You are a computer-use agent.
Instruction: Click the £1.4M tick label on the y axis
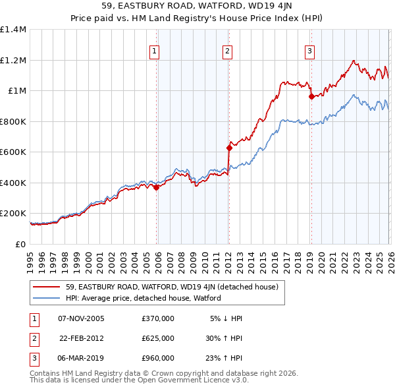[13, 30]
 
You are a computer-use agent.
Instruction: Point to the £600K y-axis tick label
[13, 152]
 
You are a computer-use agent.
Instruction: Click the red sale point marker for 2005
[157, 188]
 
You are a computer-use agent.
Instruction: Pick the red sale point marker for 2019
[311, 97]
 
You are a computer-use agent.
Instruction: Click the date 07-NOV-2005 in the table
[81, 318]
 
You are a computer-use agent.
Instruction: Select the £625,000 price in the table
[158, 338]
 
